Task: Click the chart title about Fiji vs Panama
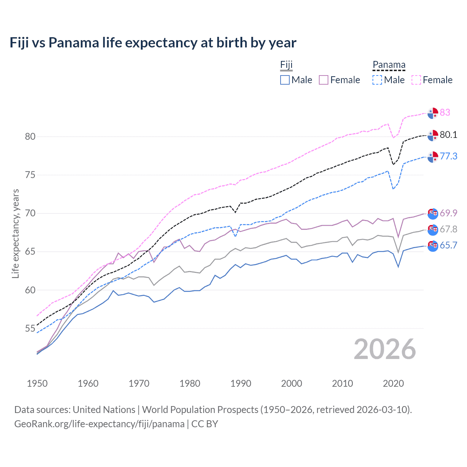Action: (153, 43)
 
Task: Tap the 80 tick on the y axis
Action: (30, 136)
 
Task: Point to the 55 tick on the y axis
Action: (30, 328)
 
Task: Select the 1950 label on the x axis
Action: (37, 383)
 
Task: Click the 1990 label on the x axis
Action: (241, 383)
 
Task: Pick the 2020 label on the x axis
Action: (393, 383)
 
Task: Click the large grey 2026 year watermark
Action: (385, 349)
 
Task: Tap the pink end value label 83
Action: (445, 112)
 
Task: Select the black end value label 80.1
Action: (448, 135)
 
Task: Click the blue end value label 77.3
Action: (448, 156)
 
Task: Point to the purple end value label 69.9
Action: (448, 213)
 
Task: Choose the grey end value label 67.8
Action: (448, 229)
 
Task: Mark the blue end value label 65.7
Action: (448, 245)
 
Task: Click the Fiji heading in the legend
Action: (286, 65)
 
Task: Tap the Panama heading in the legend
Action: (389, 65)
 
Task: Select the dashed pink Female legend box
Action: (416, 80)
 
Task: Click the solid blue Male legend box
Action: (285, 80)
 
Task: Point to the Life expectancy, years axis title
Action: (16, 233)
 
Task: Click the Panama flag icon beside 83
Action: (433, 113)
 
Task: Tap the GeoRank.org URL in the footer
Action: (99, 424)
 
